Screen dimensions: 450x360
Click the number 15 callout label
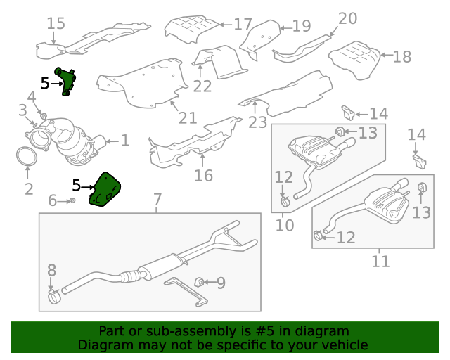pos(56,23)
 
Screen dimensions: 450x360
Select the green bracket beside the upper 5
pos(66,81)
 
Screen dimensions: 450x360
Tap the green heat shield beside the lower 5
pos(104,189)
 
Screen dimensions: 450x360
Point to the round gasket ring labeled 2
pos(27,156)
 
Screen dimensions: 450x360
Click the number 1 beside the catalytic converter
pos(125,141)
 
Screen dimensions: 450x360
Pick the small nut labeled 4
pos(44,116)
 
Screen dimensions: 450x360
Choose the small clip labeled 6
pos(72,200)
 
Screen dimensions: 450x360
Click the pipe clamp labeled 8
pos(54,296)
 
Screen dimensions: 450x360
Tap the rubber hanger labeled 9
pos(199,282)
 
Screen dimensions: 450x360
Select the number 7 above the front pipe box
pos(157,199)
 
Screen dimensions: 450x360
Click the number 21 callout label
pos(188,117)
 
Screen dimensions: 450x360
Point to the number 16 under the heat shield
pos(203,175)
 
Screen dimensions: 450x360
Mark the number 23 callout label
pos(257,122)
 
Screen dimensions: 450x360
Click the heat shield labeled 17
pos(193,30)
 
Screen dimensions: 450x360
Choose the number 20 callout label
pos(347,18)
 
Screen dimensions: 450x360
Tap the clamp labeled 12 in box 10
pos(285,201)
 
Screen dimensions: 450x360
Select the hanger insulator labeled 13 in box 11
pos(421,187)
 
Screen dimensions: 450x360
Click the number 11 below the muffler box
pos(380,262)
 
